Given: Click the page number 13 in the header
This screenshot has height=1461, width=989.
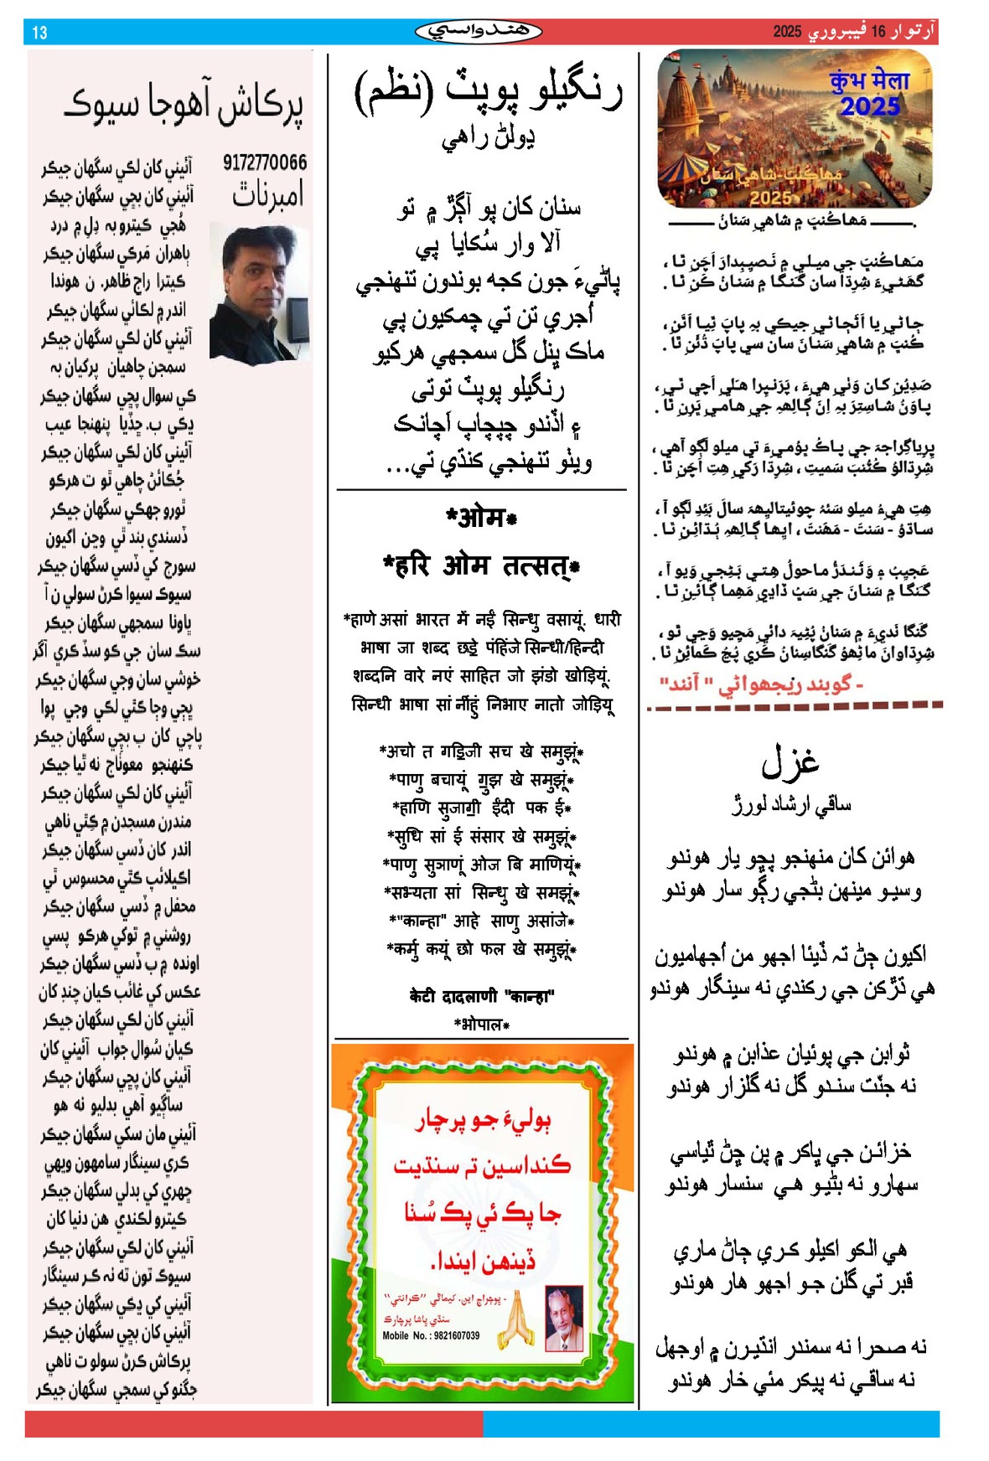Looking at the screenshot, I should coord(39,33).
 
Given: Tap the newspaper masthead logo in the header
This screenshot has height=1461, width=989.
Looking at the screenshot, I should coord(478,32).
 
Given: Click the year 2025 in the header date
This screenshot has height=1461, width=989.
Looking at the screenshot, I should coord(787,32).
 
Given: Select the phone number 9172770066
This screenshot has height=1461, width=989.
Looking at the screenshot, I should coord(265,163).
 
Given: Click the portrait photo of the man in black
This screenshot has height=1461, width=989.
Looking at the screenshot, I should coord(259,292).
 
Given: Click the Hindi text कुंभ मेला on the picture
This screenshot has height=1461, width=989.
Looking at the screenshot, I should coord(868,81).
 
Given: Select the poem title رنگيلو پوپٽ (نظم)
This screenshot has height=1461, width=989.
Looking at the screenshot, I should coord(489,90).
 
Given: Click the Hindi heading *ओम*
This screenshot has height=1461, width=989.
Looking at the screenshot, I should coord(481,518).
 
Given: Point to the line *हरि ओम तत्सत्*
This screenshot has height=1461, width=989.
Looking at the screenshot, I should coord(481,566).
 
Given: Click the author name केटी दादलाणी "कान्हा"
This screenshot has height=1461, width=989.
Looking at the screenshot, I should coord(481,995).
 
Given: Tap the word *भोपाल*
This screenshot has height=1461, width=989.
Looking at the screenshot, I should coord(481,1024).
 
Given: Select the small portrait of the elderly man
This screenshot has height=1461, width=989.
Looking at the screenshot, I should coord(564,1318).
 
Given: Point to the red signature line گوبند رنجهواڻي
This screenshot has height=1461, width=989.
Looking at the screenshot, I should coord(761,684).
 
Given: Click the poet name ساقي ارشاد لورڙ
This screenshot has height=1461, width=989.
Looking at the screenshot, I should coord(790,805).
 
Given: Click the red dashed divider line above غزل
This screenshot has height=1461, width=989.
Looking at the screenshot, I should coord(794,707).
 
